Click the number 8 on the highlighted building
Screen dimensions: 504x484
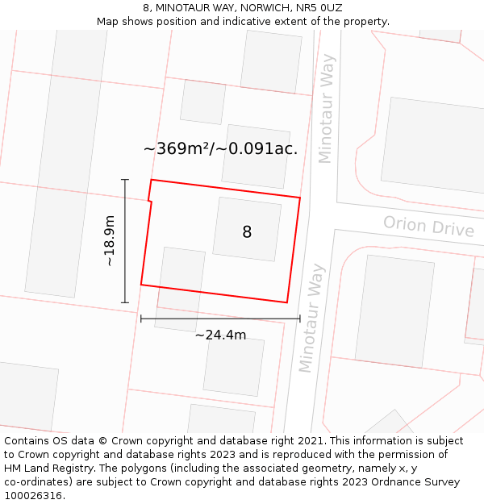tap(247, 232)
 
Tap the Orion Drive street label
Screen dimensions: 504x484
tap(428, 226)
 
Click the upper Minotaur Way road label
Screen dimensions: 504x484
tap(326, 109)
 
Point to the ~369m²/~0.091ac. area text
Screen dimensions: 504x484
tap(220, 148)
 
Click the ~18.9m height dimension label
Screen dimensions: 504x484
tap(109, 240)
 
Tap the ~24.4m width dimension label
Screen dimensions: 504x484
tap(220, 335)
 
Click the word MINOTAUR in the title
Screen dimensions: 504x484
tap(182, 8)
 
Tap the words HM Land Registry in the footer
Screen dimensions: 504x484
tap(44, 469)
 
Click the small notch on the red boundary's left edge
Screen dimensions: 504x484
tap(150, 201)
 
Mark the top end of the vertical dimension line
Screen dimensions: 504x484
tap(125, 179)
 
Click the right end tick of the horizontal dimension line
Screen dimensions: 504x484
tap(299, 319)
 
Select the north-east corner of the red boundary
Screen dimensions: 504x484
tap(300, 197)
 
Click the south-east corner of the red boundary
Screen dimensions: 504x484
tap(287, 302)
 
